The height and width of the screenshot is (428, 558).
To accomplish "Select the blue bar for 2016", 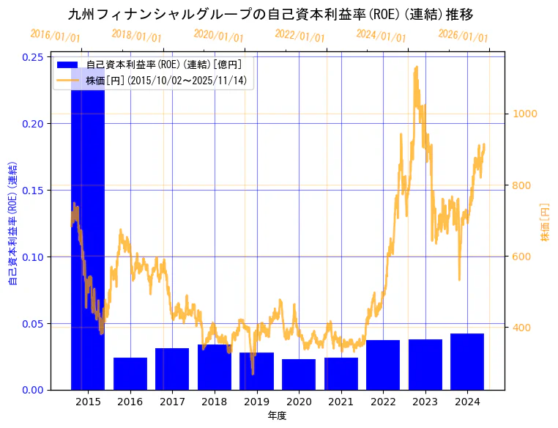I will [130, 374].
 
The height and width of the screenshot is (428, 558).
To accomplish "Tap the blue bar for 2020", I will [299, 374].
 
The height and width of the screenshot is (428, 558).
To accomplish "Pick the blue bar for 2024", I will [467, 361].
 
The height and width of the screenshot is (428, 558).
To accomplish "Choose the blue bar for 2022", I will [383, 365].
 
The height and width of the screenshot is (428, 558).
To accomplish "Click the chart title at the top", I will [270, 14].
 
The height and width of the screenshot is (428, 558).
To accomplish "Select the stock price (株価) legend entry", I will [168, 80].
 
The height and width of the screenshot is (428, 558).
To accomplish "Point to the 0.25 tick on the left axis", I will [31, 57].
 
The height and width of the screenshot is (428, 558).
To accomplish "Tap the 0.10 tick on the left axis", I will [31, 257].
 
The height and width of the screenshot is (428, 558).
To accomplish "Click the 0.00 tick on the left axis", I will [31, 390].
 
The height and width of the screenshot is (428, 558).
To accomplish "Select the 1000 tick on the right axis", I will [524, 114].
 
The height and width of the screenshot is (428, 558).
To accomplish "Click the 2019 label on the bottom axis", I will [256, 402].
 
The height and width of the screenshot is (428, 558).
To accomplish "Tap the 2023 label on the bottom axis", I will [425, 402].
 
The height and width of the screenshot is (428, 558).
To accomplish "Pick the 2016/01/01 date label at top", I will [56, 35].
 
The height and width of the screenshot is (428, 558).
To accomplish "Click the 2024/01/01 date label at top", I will [381, 35].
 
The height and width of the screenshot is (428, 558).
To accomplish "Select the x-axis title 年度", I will [277, 416].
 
